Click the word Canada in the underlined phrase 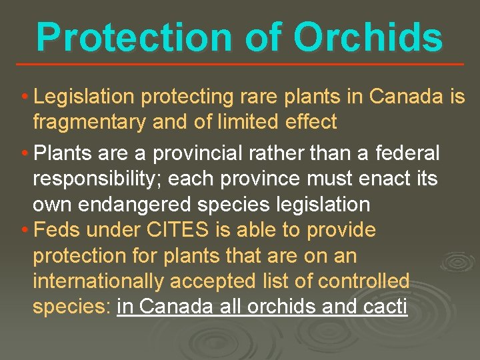176,307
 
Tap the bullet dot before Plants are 25,154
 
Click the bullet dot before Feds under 25,231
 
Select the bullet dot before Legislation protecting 25,98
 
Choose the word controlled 363,281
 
